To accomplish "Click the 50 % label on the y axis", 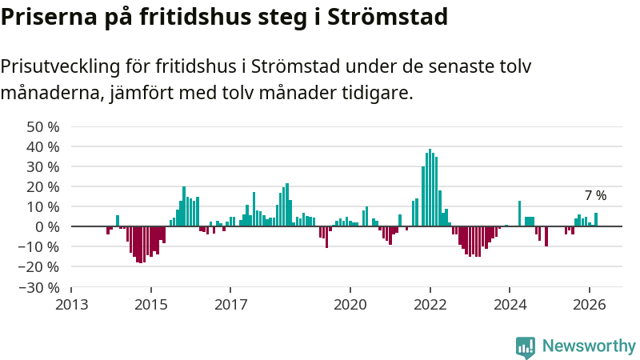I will pyautogui.click(x=43, y=126).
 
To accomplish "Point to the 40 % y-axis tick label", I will pyautogui.click(x=43, y=146).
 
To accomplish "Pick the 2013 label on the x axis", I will pyautogui.click(x=71, y=304).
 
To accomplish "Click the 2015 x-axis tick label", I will pyautogui.click(x=151, y=304).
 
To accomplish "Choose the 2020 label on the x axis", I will pyautogui.click(x=350, y=304).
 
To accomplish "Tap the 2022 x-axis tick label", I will pyautogui.click(x=430, y=304).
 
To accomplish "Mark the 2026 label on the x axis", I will pyautogui.click(x=590, y=304).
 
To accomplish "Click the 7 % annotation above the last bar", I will pyautogui.click(x=595, y=195).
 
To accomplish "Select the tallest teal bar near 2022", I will pyautogui.click(x=430, y=188).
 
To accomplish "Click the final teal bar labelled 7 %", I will pyautogui.click(x=596, y=219).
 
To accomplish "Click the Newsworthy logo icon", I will pyautogui.click(x=526, y=346).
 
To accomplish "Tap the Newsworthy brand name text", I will pyautogui.click(x=589, y=346).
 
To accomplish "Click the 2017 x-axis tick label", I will pyautogui.click(x=230, y=304).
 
